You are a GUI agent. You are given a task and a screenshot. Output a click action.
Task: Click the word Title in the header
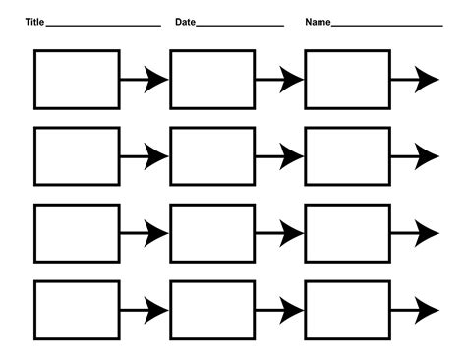pyautogui.click(x=34, y=22)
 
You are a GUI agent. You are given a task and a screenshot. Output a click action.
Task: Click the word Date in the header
pyautogui.click(x=186, y=22)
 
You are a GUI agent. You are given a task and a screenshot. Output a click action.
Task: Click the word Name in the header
pyautogui.click(x=318, y=22)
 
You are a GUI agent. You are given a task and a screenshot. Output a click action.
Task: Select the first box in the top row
pyautogui.click(x=77, y=79)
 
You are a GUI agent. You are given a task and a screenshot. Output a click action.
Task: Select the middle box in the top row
pyautogui.click(x=212, y=79)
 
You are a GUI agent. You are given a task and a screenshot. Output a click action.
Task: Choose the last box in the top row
pyautogui.click(x=347, y=79)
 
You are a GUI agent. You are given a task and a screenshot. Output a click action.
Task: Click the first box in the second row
pyautogui.click(x=77, y=155)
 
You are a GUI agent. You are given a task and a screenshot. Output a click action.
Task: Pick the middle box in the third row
pyautogui.click(x=212, y=233)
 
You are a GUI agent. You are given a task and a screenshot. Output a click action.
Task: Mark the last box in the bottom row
pyautogui.click(x=347, y=309)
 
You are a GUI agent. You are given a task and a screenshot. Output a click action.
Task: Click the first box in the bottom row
pyautogui.click(x=77, y=309)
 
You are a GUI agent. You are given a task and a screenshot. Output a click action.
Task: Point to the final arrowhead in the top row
pyautogui.click(x=427, y=80)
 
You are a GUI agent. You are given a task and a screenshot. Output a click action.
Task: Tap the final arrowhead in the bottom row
pyautogui.click(x=427, y=309)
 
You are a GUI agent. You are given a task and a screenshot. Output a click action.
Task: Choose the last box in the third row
pyautogui.click(x=347, y=233)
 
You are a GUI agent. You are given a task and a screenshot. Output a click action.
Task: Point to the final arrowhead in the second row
pyautogui.click(x=427, y=155)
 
